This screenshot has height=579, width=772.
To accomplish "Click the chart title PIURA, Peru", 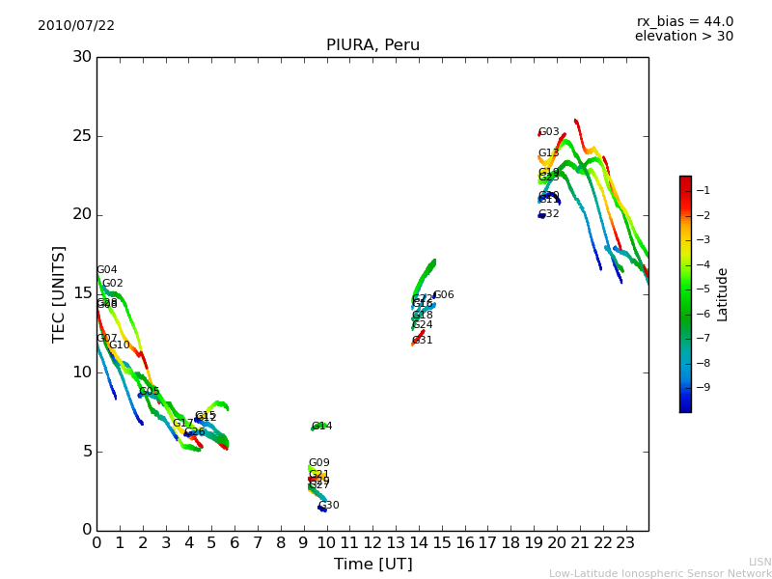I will point(372,45).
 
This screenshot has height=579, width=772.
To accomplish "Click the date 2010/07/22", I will point(76,26).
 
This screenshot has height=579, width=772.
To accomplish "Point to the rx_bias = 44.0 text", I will point(684,22).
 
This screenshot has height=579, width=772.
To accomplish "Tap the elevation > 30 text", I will point(683,37).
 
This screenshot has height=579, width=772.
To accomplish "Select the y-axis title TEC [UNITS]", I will point(60,293).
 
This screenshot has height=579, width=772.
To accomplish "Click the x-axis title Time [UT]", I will point(372,565).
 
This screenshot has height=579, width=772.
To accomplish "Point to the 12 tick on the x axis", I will point(372,543).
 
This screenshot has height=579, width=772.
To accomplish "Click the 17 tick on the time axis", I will point(487,543).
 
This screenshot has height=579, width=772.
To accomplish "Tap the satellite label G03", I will point(549,132).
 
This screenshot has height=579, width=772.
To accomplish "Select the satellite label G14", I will point(322,427).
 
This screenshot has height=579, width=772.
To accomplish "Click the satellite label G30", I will point(329,506).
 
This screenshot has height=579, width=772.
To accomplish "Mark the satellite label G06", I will point(444,295).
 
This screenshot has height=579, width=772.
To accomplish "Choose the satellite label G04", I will point(107,270).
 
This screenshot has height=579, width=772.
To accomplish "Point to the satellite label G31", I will point(423,341).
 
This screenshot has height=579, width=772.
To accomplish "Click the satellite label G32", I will point(549,214).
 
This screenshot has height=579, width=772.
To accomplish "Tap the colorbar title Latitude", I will point(723,294).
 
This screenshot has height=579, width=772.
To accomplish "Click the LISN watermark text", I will point(759,562).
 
